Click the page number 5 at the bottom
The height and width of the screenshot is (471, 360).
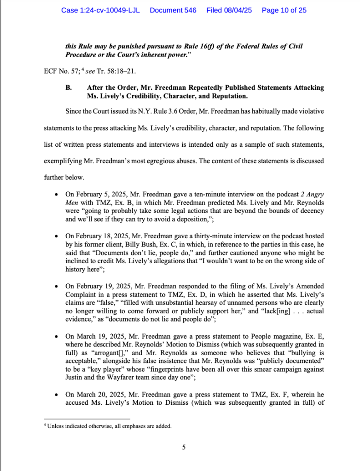(184, 446)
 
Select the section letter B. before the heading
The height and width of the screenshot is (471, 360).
(69, 87)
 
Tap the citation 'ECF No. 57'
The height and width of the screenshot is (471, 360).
(55, 71)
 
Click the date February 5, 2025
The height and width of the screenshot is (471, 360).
(97, 195)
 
